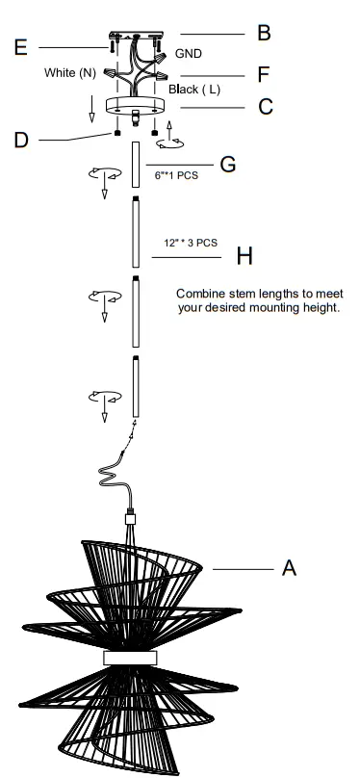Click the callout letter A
(x=288, y=569)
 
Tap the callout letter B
(x=263, y=34)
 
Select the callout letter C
(x=266, y=107)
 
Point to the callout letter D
(x=21, y=141)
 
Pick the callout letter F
(x=263, y=73)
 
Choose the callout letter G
(x=228, y=163)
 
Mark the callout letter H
(x=244, y=256)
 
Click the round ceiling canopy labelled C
(x=135, y=106)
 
